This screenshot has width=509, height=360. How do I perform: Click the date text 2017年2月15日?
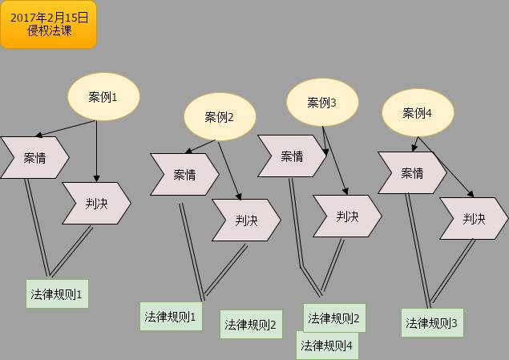point(49,17)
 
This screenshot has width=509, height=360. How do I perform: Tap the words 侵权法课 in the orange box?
point(49,31)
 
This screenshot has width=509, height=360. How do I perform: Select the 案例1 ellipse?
point(103,97)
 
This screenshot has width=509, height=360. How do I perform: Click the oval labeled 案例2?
point(220,117)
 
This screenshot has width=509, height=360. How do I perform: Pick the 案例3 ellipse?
point(322,103)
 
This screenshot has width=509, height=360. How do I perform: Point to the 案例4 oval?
point(417,113)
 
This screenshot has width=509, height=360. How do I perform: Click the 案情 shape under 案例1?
point(34,157)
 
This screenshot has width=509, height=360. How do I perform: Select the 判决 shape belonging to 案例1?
point(96,204)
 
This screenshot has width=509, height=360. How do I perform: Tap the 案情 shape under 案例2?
point(184,174)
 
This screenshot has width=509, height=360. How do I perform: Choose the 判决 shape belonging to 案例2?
point(246,220)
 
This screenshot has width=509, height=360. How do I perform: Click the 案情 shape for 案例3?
point(291,156)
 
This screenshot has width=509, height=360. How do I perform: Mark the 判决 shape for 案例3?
point(347,216)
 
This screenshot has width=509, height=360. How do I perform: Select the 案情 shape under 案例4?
point(412,173)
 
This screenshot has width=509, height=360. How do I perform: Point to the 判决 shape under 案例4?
point(475,218)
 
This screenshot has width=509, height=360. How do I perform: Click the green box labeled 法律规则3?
point(431,323)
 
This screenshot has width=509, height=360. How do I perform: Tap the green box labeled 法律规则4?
point(329,346)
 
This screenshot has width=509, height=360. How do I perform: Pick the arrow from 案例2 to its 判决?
point(230,170)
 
